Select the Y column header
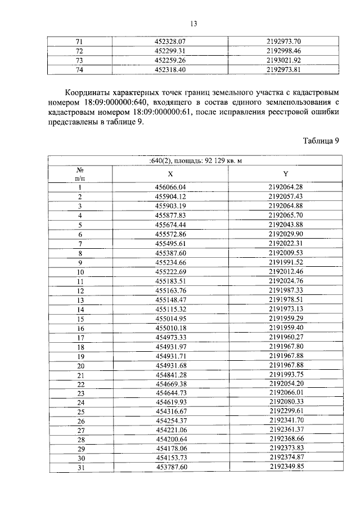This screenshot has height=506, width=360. pyautogui.click(x=286, y=174)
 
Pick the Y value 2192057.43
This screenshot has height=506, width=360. pyautogui.click(x=286, y=196)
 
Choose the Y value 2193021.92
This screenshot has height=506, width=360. pyautogui.click(x=286, y=60)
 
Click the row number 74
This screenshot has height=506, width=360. pyautogui.click(x=79, y=70)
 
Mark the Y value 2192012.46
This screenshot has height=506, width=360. pyautogui.click(x=286, y=272)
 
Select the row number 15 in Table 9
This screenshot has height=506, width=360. pyautogui.click(x=80, y=319)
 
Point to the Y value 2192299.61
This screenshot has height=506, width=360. pyautogui.click(x=286, y=411)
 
